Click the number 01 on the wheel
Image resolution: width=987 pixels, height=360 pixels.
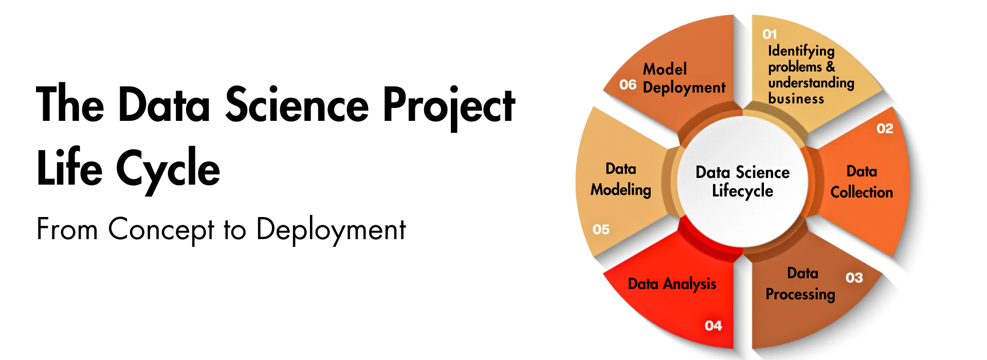point(770,34)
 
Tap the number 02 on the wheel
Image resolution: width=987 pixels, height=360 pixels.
point(885,129)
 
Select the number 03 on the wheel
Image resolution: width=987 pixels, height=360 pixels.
point(854,278)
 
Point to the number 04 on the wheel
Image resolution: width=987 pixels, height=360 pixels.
point(713,326)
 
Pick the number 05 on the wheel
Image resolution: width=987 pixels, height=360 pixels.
point(601,229)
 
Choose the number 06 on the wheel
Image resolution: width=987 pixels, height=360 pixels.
point(628,85)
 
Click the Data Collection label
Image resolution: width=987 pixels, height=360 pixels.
point(862,182)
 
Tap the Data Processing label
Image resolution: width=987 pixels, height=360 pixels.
point(801,283)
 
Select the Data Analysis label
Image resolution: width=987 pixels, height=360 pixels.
point(672,284)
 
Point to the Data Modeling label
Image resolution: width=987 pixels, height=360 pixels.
point(621,179)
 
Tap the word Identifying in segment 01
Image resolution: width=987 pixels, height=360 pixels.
point(801,51)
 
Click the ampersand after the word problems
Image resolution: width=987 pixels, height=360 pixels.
point(831,67)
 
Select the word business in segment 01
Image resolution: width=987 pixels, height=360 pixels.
point(796,98)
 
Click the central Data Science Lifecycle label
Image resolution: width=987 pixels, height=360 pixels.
point(742,182)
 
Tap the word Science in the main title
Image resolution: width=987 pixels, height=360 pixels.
point(297,105)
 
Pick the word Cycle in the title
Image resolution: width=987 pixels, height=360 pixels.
point(168,169)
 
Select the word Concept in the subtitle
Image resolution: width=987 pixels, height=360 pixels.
point(161,229)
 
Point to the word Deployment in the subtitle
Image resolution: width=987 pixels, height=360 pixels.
point(331,229)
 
